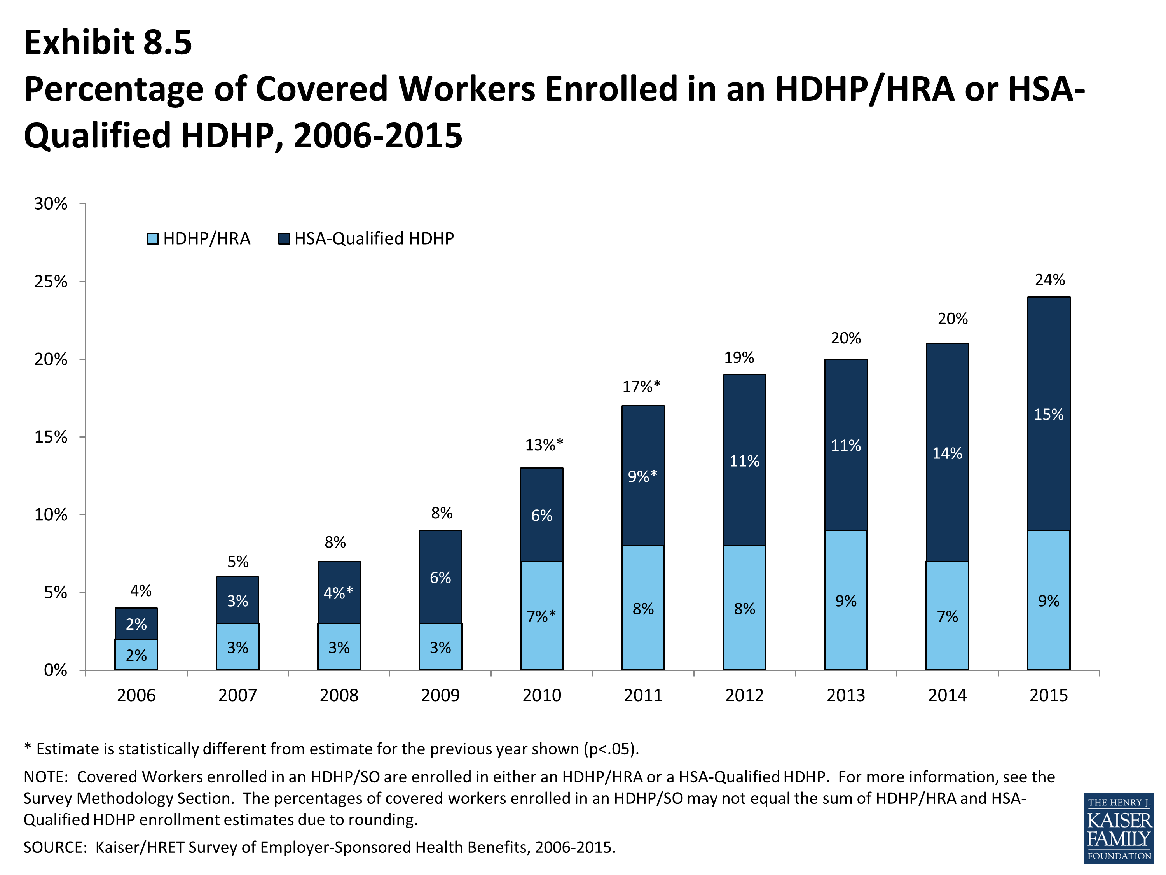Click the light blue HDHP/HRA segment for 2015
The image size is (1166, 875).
pos(1049,600)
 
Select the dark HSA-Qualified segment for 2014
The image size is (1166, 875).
pos(947,453)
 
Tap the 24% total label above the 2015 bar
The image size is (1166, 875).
pos(1049,280)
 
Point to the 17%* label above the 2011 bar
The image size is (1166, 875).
pos(641,387)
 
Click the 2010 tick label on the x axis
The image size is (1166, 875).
pos(541,695)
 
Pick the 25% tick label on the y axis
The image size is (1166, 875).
pos(51,282)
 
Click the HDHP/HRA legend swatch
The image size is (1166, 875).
pos(153,239)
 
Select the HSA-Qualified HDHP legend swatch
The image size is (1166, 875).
pos(284,239)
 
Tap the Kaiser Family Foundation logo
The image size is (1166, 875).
pos(1119,828)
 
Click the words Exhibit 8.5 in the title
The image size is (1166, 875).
pos(108,42)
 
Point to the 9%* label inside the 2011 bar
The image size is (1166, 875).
pos(642,476)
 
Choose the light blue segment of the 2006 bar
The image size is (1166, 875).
pos(136,654)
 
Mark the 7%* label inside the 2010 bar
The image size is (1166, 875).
pos(541,616)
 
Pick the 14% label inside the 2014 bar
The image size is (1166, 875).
pos(947,453)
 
